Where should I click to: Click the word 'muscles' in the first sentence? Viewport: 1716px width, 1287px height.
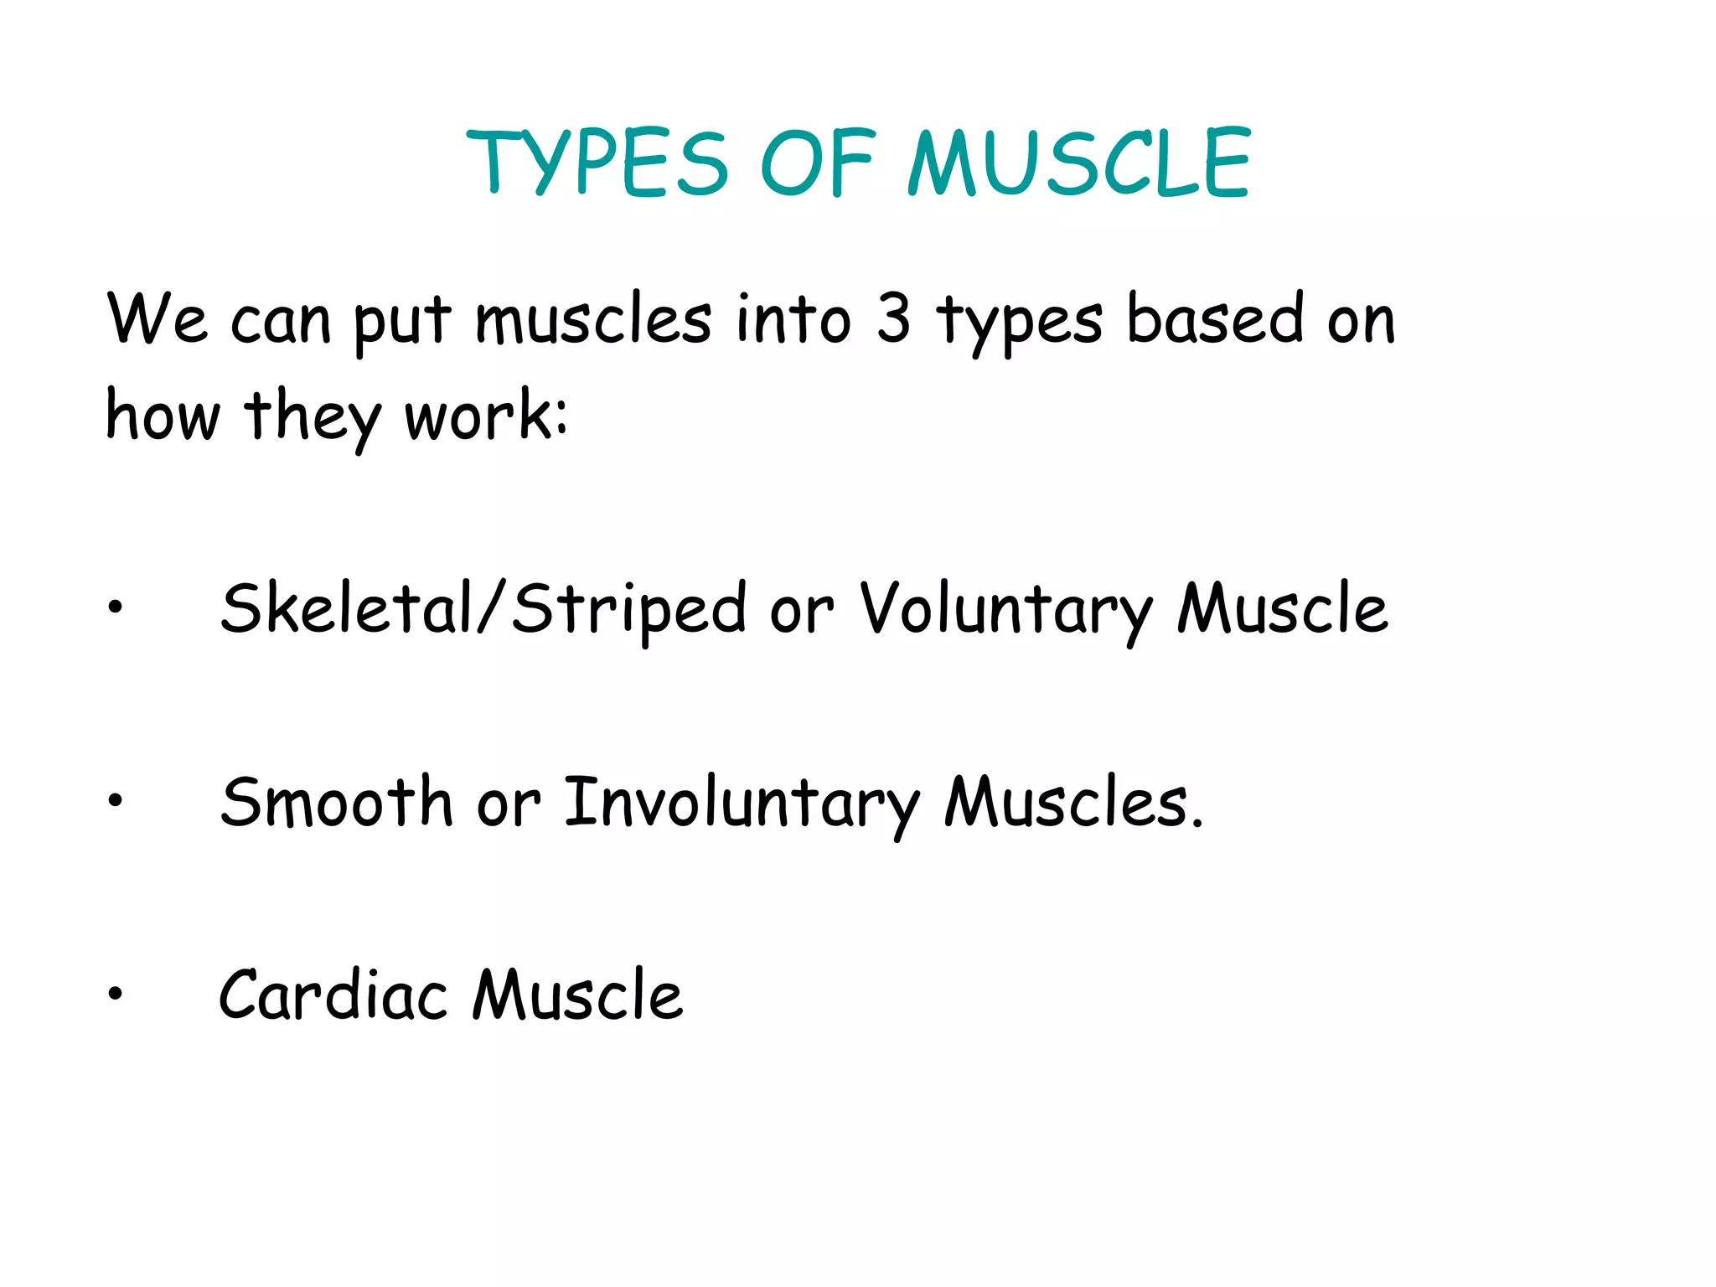coord(593,320)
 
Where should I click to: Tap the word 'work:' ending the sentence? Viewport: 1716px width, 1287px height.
coord(486,416)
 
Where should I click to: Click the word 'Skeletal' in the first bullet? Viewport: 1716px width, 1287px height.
coord(346,608)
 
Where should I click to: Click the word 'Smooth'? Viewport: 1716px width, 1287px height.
coord(336,803)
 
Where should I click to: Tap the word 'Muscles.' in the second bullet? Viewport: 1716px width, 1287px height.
coord(1074,803)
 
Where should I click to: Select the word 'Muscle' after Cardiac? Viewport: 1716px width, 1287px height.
coord(577,995)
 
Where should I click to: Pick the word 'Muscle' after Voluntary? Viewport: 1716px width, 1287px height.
coord(1282,608)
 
